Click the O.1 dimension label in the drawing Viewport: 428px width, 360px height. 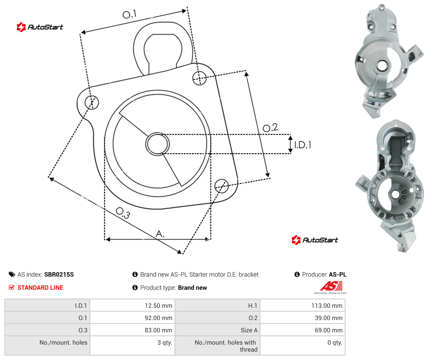point(129,14)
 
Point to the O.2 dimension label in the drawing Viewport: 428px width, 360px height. point(270,128)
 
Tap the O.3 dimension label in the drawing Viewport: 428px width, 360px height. point(123,212)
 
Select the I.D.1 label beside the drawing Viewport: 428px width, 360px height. point(303,145)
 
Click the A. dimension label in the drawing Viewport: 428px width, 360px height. point(160,234)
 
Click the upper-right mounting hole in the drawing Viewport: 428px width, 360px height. point(200,78)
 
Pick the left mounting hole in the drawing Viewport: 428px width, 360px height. point(92,102)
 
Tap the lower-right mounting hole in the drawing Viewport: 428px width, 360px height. point(221,186)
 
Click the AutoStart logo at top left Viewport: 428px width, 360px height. point(40,27)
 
